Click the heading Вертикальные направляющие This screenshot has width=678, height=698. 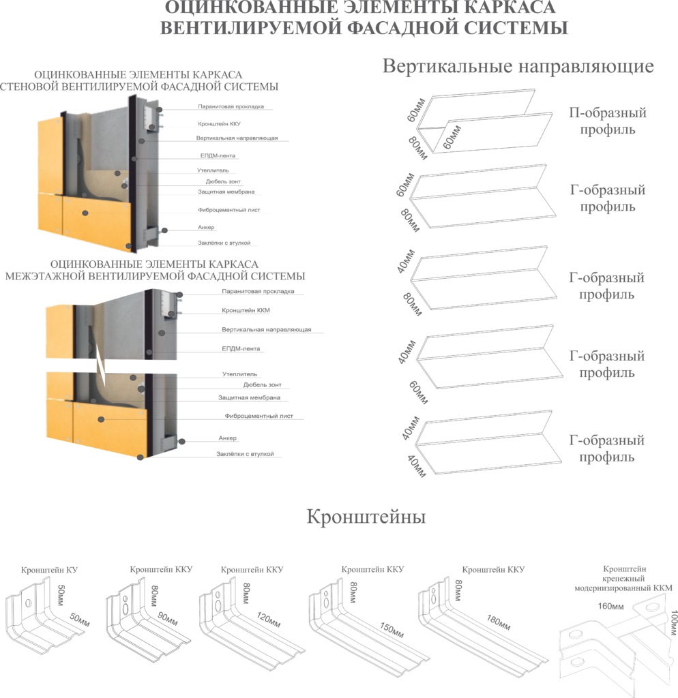[518, 67]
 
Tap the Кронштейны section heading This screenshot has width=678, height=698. [366, 517]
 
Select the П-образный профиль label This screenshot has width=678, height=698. [607, 121]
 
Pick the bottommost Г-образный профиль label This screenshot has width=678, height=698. [607, 449]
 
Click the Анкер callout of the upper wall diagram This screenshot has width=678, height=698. [207, 227]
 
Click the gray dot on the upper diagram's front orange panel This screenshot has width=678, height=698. [85, 213]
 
